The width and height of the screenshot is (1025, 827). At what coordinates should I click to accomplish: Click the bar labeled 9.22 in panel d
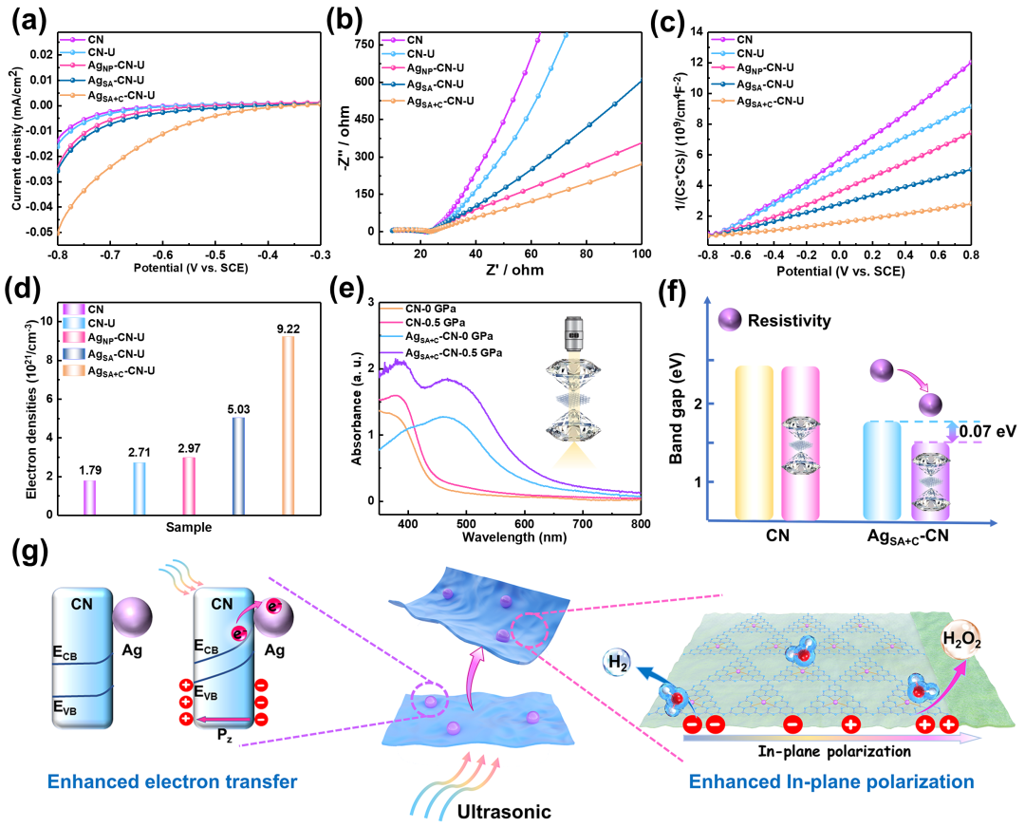288,425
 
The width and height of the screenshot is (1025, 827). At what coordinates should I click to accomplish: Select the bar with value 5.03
238,466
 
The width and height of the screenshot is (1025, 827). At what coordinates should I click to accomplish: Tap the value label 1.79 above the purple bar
90,470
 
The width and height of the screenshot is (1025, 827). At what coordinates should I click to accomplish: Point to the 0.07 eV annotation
988,431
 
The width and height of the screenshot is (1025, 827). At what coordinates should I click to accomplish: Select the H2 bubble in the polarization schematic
618,663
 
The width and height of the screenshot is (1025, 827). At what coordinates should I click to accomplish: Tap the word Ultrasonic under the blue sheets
503,811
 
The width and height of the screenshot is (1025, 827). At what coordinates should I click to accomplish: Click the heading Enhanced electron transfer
173,781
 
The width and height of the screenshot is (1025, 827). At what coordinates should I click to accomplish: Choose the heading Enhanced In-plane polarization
831,781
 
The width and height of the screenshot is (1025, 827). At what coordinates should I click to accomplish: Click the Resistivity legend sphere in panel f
730,320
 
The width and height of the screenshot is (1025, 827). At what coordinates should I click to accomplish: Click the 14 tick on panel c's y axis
696,31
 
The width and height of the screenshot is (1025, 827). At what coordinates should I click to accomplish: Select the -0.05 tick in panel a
40,232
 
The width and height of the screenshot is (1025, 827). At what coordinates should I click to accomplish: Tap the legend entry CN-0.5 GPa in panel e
435,322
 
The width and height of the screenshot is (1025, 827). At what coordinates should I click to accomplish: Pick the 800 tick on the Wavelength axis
641,524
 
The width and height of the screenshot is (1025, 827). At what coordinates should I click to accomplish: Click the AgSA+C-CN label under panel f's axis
907,537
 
